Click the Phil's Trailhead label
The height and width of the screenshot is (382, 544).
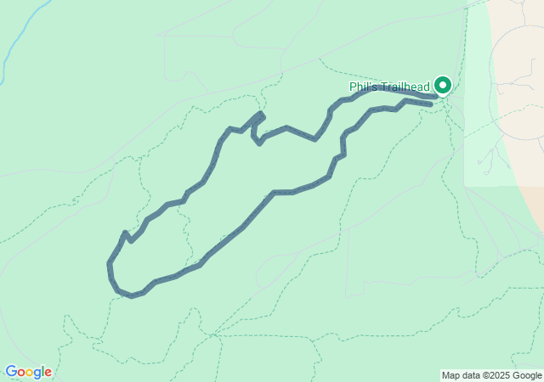[390, 87]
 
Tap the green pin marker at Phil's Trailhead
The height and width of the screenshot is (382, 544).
[443, 85]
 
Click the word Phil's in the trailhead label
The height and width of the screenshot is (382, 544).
[362, 87]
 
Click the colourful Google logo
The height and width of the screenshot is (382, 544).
[28, 372]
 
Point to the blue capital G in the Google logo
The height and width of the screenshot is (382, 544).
[10, 372]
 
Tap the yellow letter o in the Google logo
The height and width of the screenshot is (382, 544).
[30, 373]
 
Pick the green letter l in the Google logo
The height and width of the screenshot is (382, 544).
[42, 371]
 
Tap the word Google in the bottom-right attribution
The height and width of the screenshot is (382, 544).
[527, 375]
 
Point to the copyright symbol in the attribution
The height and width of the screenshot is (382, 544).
[484, 375]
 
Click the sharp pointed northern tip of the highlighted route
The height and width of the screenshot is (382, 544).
[261, 114]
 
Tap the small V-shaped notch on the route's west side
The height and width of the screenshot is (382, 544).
[127, 235]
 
